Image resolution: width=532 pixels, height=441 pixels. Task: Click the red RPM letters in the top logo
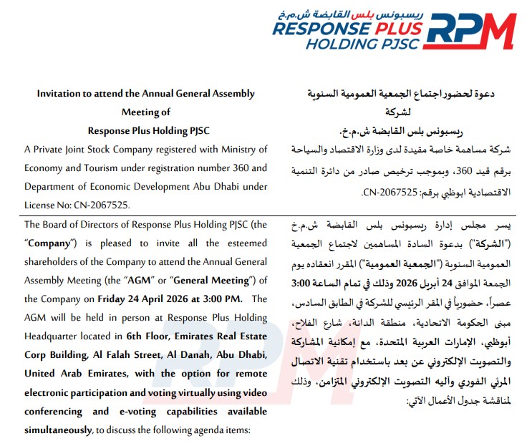pyautogui.click(x=474, y=31)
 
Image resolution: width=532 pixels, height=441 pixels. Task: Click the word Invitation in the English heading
pyautogui.click(x=62, y=94)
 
